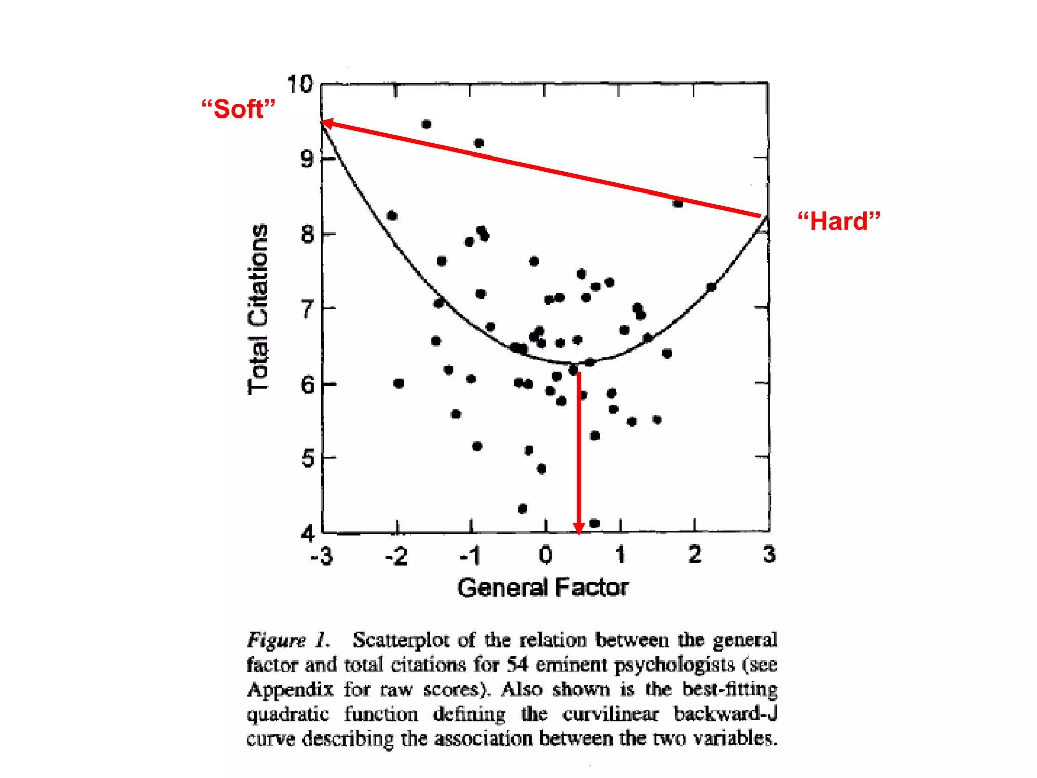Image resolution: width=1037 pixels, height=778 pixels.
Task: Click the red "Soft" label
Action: tap(238, 109)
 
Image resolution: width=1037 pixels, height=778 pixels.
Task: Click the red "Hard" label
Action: tap(839, 221)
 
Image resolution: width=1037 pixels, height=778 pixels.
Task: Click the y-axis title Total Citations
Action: tap(258, 309)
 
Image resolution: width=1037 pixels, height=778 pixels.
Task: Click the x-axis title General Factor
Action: tap(543, 588)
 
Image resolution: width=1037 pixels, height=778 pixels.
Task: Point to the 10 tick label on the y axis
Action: tap(300, 84)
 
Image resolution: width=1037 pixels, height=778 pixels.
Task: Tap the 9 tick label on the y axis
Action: tap(307, 159)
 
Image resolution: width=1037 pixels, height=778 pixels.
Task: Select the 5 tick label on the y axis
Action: tap(308, 459)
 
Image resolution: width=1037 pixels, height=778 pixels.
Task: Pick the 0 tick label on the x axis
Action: tap(545, 555)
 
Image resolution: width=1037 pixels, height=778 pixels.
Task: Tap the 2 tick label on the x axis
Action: tap(694, 555)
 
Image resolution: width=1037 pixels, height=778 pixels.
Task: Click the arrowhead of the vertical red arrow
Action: tap(579, 529)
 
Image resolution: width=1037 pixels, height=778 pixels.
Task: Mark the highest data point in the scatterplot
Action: tap(426, 124)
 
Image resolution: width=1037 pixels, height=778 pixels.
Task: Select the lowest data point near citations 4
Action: tap(594, 523)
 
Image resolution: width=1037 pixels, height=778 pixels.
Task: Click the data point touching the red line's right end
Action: tap(678, 203)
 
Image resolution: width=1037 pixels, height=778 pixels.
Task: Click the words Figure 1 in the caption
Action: tap(288, 640)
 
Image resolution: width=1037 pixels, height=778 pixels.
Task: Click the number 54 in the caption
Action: tap(517, 665)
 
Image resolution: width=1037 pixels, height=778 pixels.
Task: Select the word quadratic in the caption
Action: tap(288, 714)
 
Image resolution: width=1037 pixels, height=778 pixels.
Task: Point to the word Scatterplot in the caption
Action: tap(401, 640)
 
